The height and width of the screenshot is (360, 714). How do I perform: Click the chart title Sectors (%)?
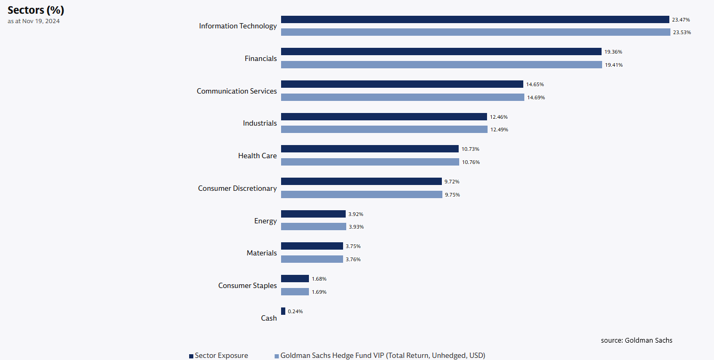click(36, 10)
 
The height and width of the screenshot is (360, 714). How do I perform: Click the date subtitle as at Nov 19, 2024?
click(34, 21)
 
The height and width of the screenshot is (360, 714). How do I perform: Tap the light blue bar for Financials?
click(441, 65)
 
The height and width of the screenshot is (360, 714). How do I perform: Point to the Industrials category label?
click(260, 123)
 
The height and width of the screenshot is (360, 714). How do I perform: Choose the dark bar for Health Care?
click(370, 149)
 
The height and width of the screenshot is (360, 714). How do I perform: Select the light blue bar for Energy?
click(314, 227)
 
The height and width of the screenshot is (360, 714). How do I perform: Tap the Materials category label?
click(262, 253)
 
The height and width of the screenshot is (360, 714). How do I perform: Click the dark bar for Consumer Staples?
click(295, 279)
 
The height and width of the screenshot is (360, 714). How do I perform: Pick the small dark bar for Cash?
click(283, 311)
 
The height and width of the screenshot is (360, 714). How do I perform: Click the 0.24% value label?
click(295, 312)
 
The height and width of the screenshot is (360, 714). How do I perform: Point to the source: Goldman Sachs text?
click(636, 340)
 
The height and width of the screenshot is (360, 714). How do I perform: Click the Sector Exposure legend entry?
click(219, 356)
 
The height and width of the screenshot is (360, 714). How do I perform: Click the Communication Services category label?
click(236, 91)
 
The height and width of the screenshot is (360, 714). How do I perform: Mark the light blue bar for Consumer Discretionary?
click(361, 194)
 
